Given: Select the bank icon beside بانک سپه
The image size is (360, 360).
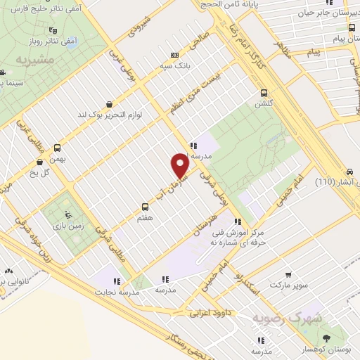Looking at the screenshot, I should tap(175, 56).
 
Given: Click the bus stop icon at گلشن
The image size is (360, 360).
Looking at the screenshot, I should tap(264, 92).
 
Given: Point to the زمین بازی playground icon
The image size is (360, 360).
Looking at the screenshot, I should tap(67, 215).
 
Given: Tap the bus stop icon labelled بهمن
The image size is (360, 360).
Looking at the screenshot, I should tap(58, 148).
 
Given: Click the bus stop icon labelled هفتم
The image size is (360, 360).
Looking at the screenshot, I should tap(143, 207).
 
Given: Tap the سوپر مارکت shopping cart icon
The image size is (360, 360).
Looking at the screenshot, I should tap(288, 274).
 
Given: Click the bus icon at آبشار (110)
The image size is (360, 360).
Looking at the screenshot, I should tap(349, 172).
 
